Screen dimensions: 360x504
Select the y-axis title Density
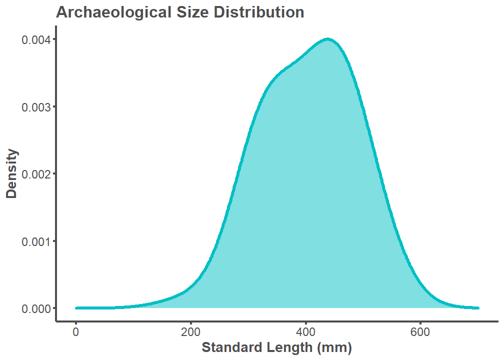click(11, 173)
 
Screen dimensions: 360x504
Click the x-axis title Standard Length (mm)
click(276, 347)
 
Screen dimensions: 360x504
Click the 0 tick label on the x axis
click(76, 331)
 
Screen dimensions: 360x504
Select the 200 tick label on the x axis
click(190, 331)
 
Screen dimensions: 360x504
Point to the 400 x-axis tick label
click(305, 331)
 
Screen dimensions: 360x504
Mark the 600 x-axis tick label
click(420, 331)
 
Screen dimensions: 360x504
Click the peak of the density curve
click(327, 38)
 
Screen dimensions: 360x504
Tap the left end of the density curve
click(76, 308)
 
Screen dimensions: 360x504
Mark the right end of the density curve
click(478, 308)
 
